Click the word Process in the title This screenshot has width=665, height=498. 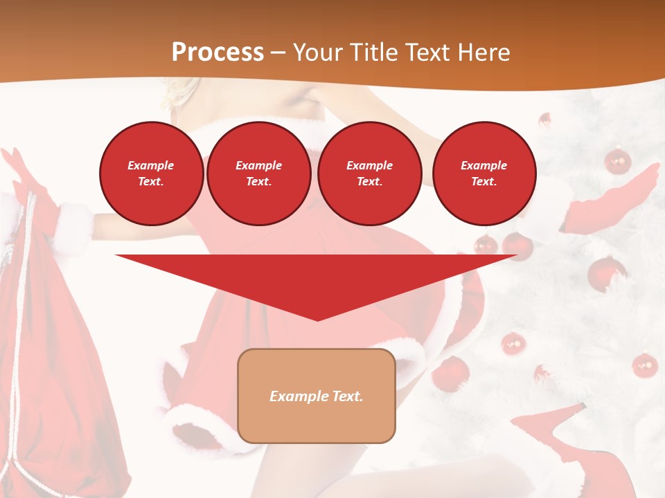point(218,53)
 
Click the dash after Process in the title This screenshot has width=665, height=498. point(278,53)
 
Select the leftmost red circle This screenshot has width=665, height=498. point(151,174)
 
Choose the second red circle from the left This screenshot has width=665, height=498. point(258,174)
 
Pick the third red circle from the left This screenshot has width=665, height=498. point(369,174)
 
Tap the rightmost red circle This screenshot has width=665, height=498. point(484,174)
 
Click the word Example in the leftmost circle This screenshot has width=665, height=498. point(151,165)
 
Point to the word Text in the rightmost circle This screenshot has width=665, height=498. point(484,182)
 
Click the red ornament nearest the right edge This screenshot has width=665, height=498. point(645,365)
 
